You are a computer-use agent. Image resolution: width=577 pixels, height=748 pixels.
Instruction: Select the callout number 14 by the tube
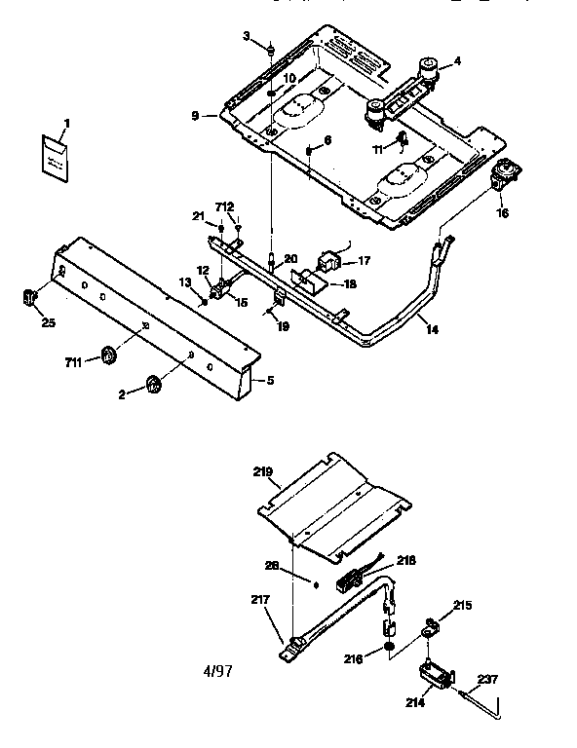(x=431, y=330)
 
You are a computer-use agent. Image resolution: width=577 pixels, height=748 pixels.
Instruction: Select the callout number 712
(x=225, y=206)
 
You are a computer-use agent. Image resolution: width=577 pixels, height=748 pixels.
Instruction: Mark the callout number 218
(x=405, y=561)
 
